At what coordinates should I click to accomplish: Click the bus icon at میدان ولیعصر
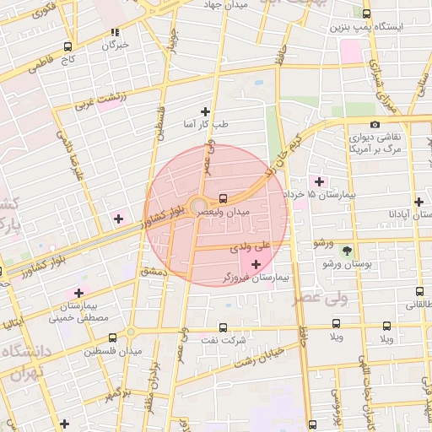[x=223, y=198]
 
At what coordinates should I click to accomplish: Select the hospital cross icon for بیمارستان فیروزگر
[x=256, y=264]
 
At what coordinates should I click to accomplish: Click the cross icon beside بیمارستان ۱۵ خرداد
[x=319, y=181]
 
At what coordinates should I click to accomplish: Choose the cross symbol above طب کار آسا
[x=205, y=111]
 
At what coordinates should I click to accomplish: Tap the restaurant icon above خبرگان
[x=116, y=33]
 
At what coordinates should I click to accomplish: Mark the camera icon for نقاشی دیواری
[x=375, y=125]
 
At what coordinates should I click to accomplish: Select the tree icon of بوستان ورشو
[x=347, y=251]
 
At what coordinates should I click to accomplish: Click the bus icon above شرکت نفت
[x=223, y=327]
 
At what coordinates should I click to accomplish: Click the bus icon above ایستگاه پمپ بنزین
[x=366, y=13]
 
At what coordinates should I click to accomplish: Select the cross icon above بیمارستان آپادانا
[x=419, y=201]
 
